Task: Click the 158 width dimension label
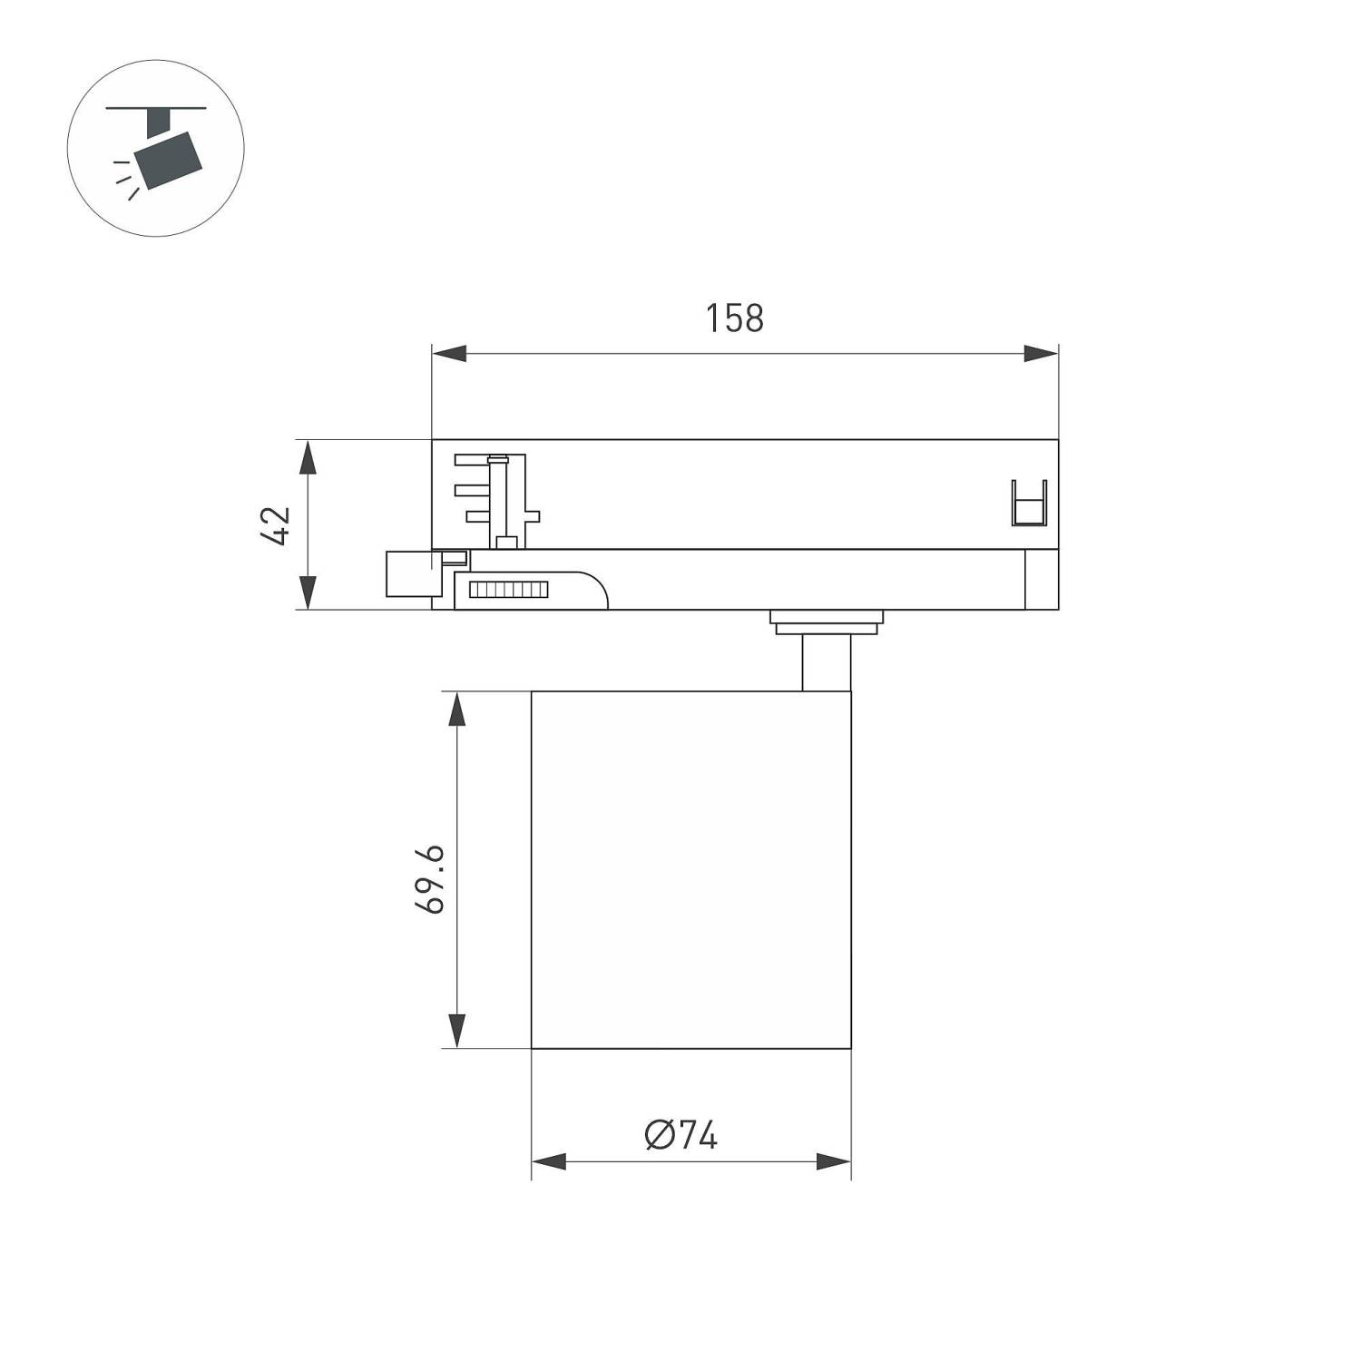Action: tap(734, 318)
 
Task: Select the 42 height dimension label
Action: tap(275, 525)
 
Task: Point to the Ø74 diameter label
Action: tap(681, 1135)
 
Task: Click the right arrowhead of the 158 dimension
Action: tap(1042, 354)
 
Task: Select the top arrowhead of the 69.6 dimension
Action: tap(457, 709)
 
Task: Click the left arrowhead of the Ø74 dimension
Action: tap(548, 1161)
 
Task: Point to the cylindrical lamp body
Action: tap(690, 869)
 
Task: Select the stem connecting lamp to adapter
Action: tap(826, 663)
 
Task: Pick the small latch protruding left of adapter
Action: tap(407, 573)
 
